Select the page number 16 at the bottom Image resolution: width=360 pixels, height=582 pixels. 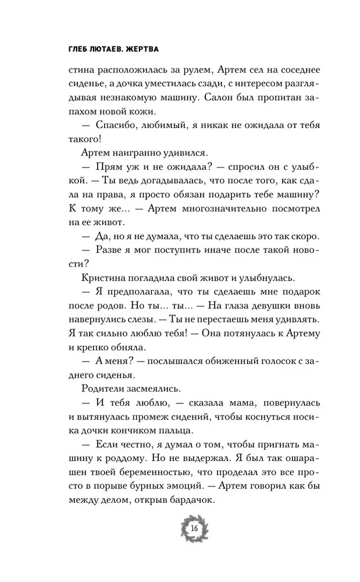[193, 528]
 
